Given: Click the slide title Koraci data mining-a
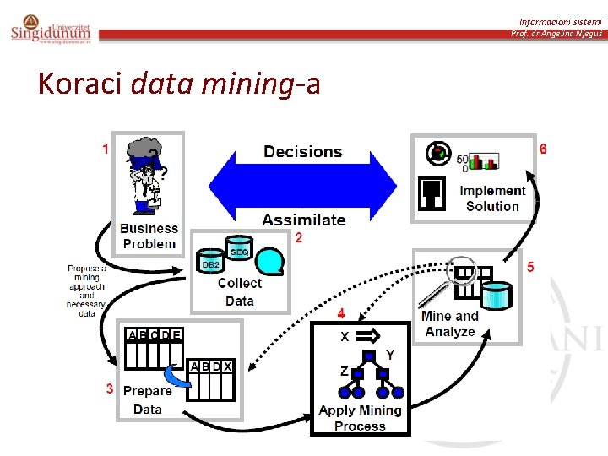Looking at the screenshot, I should (179, 84).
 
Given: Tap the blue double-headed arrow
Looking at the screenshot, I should (302, 186).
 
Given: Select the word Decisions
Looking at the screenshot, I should (302, 152).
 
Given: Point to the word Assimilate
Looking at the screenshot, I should (303, 220).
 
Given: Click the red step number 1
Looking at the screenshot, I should (105, 149).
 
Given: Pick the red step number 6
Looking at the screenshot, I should (543, 149).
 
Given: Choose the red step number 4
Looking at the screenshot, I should (341, 313).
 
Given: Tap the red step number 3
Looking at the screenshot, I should (110, 388).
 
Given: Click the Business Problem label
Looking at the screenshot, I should (149, 236).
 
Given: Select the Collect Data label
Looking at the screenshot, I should (240, 291).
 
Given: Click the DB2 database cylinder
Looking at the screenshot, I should (210, 263).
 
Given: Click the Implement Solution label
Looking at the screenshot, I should (492, 198).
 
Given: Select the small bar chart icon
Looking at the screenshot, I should (484, 160).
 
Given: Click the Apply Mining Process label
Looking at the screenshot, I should (360, 418).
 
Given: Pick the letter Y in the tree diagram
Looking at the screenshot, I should (389, 353).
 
